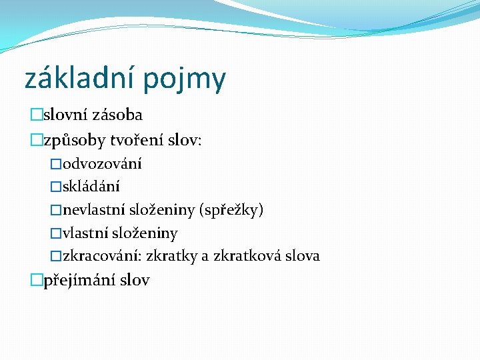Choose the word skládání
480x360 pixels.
91,187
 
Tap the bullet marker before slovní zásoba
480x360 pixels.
36,115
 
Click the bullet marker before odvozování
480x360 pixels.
56,164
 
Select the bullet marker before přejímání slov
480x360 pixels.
36,281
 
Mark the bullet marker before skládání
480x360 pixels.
56,187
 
